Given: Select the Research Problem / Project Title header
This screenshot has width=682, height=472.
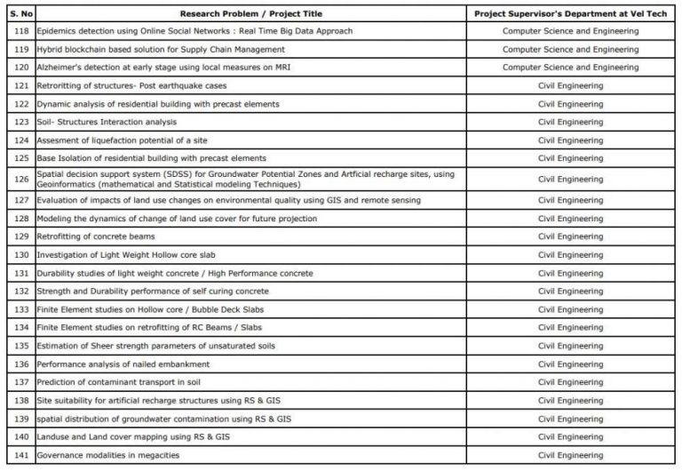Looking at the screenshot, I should point(251,14).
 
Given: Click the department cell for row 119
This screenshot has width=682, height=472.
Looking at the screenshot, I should point(570,50).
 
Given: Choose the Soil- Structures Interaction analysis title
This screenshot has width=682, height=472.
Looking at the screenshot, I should point(107,122).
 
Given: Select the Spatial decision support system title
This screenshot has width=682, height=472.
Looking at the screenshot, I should point(245,179).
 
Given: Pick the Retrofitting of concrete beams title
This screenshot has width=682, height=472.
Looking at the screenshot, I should point(96,236).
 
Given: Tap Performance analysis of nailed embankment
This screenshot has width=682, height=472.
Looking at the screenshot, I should point(123,364).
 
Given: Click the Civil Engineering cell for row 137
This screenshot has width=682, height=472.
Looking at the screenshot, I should point(570,382).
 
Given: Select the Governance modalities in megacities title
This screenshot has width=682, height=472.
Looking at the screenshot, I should point(108,455).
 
